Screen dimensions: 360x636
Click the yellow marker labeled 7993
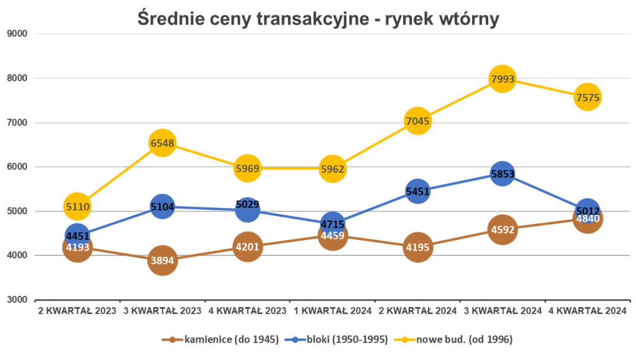(x=502, y=79)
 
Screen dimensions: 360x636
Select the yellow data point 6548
(x=162, y=143)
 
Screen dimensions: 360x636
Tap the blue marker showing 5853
(x=502, y=174)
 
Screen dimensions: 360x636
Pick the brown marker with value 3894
(x=162, y=261)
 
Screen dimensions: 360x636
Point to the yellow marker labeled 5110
(x=77, y=205)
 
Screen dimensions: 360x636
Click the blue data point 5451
(x=417, y=192)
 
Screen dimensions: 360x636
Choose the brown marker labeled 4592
(x=502, y=230)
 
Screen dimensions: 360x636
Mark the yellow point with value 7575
(x=587, y=97)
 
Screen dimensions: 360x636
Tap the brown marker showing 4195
(x=417, y=248)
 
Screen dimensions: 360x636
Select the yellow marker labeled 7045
(x=417, y=121)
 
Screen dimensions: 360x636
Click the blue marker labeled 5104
(x=162, y=207)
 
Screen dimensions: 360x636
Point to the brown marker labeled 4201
(x=247, y=247)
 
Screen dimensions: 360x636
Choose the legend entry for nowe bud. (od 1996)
(x=460, y=340)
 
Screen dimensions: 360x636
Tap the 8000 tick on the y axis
(x=17, y=78)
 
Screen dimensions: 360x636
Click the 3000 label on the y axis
(x=17, y=300)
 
